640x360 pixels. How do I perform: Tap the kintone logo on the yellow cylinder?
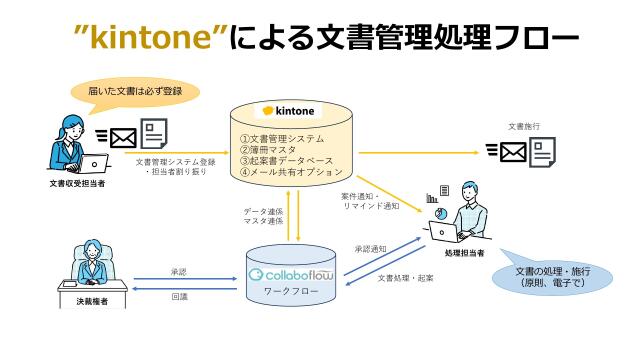click(289, 110)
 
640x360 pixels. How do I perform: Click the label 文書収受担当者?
click(80, 185)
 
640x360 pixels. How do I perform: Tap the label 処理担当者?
click(466, 254)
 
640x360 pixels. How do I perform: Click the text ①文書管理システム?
click(284, 139)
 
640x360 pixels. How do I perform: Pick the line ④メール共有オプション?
click(291, 172)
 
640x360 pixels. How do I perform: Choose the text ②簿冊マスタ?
click(270, 150)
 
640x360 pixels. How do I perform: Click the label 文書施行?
click(524, 127)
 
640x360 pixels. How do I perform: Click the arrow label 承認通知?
click(370, 248)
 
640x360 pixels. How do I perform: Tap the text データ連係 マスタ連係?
click(264, 217)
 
